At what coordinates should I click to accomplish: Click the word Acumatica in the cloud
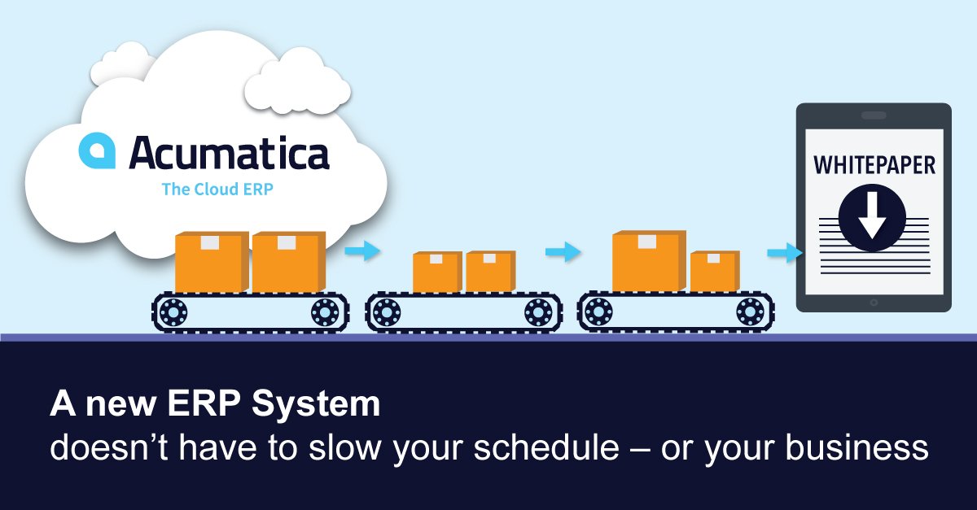pos(229,152)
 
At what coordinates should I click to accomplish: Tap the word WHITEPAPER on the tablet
pos(874,165)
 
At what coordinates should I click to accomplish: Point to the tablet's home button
pos(874,303)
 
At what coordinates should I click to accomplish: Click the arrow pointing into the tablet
pos(784,253)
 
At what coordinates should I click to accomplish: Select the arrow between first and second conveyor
pos(362,251)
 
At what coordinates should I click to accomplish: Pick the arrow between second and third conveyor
pos(563,253)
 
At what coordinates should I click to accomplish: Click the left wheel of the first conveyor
pos(173,311)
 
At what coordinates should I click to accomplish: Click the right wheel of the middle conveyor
pos(538,311)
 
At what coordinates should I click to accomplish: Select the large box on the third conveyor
pos(647,260)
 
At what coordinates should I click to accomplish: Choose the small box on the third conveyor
pos(714,271)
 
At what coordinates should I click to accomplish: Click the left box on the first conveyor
pos(211,262)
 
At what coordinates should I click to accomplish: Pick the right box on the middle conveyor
pos(489,271)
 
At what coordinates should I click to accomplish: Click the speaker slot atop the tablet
pos(873,116)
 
